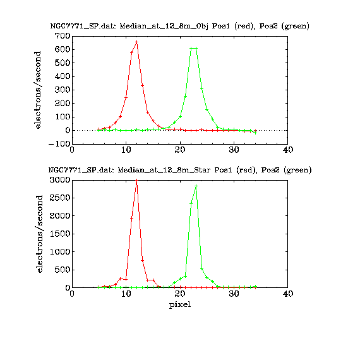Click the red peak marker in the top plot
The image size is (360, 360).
coord(137,42)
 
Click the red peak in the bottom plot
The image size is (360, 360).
coord(137,180)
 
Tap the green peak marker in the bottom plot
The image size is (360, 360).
coord(196,186)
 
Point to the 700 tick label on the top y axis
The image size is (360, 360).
coord(63,36)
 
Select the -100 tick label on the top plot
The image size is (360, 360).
coord(59,144)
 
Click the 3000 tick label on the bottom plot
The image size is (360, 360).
coord(60,180)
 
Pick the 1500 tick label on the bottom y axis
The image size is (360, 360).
coord(60,234)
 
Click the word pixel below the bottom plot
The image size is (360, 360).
coord(180,304)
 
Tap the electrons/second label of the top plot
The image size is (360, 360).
coord(37,90)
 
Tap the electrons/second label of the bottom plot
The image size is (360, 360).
coord(40,234)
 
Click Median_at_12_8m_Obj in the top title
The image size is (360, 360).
coord(164,26)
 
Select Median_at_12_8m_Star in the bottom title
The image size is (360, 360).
coord(164,170)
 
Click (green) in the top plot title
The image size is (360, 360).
coord(297,26)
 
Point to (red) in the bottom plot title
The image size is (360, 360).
coord(246,170)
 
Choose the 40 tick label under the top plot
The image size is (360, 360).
coord(288,150)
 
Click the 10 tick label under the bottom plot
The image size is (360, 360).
coord(126,294)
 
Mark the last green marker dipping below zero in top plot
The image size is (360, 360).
coord(256,133)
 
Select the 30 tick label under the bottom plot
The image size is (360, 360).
coord(234,294)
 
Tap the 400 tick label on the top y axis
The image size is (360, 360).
coord(63,76)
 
